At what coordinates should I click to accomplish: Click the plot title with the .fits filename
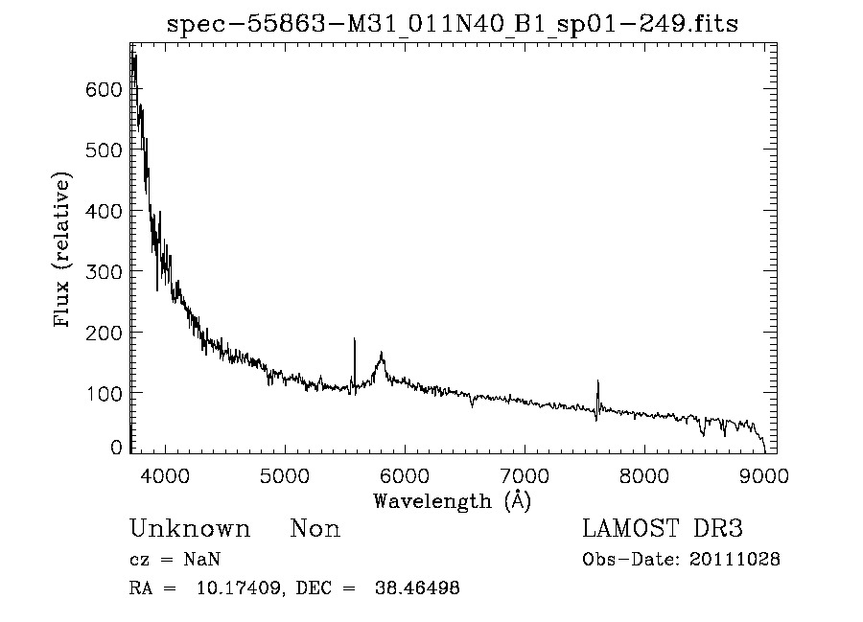[453, 24]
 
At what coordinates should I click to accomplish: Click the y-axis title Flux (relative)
[63, 251]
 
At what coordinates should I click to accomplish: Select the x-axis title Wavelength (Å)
[452, 500]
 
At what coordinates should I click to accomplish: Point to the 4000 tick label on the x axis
[166, 474]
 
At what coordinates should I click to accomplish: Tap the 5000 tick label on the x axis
[286, 474]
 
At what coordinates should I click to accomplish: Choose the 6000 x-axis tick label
[405, 474]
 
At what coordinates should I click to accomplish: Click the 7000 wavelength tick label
[525, 474]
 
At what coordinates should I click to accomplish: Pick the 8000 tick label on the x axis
[644, 474]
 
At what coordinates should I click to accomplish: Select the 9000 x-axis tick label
[764, 474]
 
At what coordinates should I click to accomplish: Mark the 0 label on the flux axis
[117, 448]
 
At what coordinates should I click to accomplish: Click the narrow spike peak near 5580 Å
[355, 339]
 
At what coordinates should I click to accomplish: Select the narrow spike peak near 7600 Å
[597, 381]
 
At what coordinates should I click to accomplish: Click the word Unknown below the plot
[190, 529]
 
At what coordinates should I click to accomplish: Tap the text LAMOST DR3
[662, 529]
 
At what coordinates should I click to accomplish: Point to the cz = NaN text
[175, 560]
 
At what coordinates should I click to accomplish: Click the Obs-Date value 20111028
[735, 560]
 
